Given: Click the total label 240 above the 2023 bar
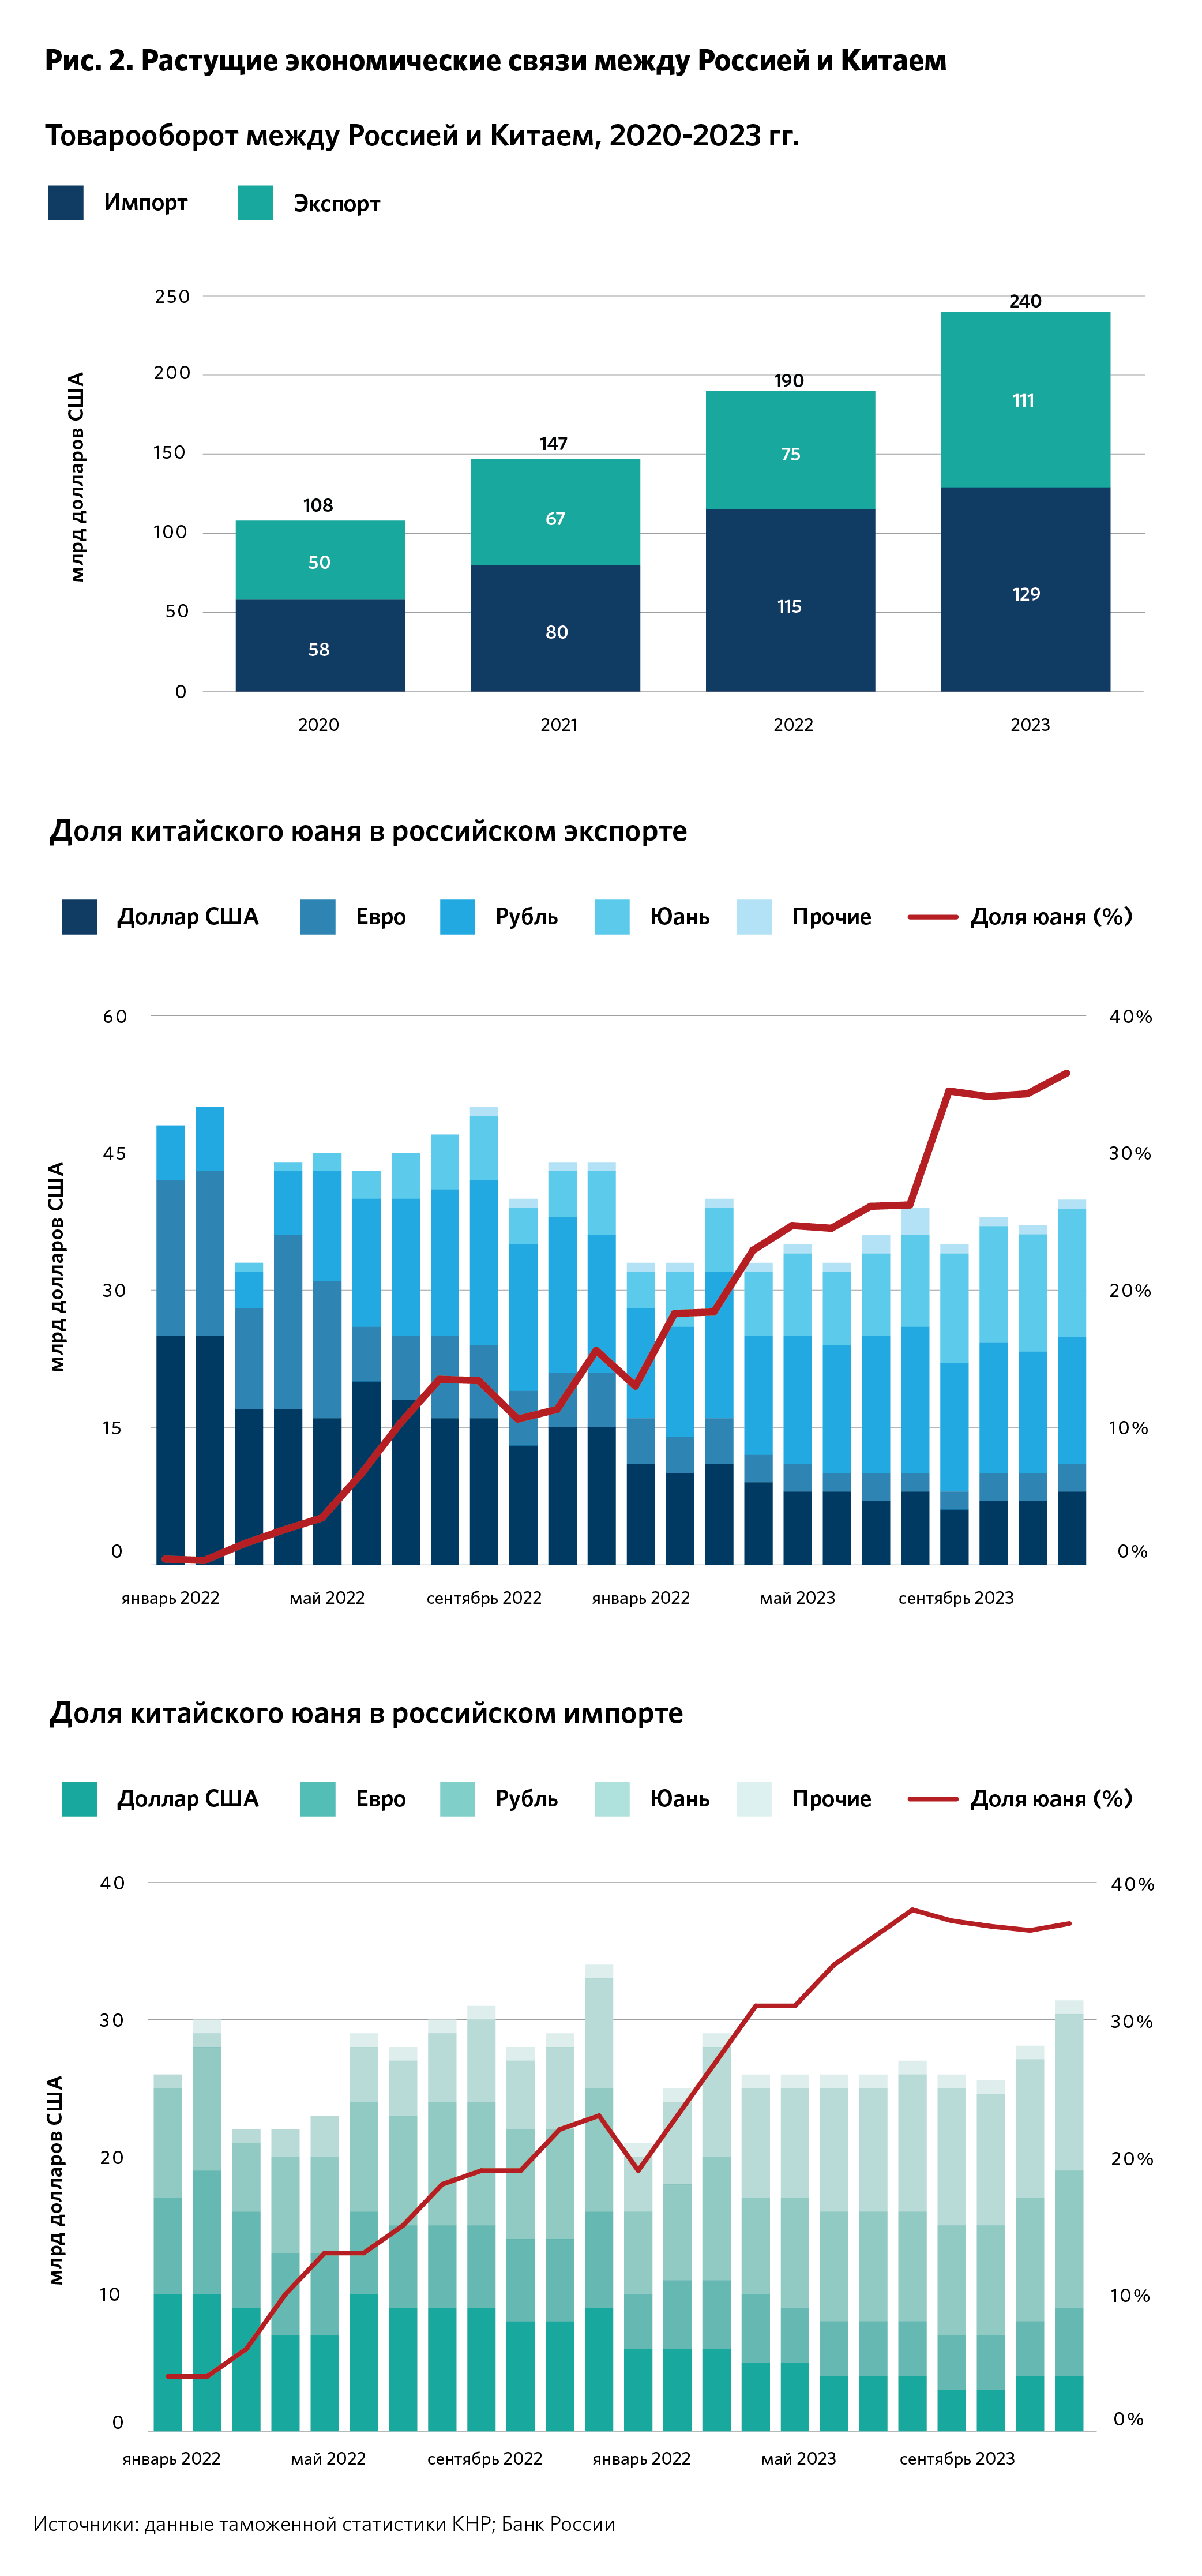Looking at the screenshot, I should [x=1025, y=301].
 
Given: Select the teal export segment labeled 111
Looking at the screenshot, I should [x=1024, y=400].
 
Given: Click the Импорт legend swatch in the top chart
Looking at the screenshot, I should [x=66, y=203].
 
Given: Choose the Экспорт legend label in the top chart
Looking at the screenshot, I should [x=336, y=204].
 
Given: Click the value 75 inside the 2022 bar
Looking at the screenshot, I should [x=790, y=454].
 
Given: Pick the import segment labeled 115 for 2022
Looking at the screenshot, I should [x=790, y=607].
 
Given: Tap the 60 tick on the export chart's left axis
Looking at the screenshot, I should [x=115, y=1016].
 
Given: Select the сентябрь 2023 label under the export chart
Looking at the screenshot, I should [x=955, y=1598].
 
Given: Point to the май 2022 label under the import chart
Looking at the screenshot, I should [x=328, y=2458].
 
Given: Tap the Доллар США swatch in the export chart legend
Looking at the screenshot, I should [x=79, y=917].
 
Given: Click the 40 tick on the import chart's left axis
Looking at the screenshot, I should [x=112, y=1883].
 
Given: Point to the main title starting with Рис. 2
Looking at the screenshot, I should [x=495, y=61].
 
